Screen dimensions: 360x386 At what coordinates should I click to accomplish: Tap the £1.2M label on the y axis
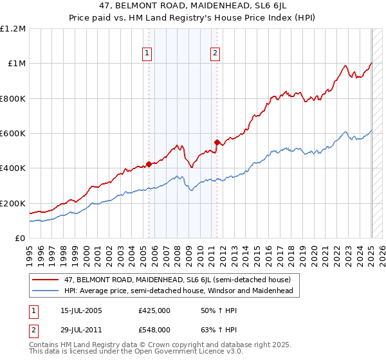[14, 29]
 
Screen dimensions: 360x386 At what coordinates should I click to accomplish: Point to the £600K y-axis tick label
[13, 134]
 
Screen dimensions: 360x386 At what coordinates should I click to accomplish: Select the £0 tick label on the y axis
[20, 239]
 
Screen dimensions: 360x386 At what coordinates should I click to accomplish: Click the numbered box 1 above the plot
[148, 54]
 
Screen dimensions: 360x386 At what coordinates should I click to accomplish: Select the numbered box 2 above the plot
[214, 54]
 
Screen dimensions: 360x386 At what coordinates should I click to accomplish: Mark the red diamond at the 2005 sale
[149, 164]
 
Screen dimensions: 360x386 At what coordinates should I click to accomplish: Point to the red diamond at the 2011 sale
[217, 142]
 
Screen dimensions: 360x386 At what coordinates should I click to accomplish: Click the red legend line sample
[46, 280]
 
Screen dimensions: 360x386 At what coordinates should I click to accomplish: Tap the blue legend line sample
[46, 291]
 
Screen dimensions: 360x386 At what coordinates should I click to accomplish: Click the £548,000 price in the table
[154, 330]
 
